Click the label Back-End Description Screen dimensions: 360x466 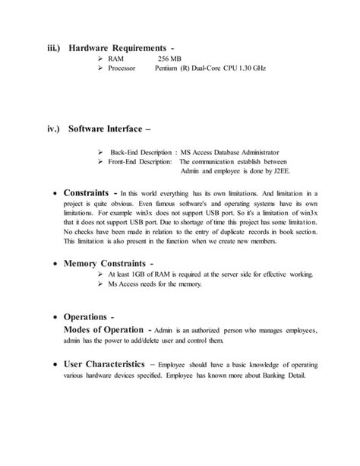tap(141, 151)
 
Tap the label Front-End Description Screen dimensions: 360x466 tap(141, 162)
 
